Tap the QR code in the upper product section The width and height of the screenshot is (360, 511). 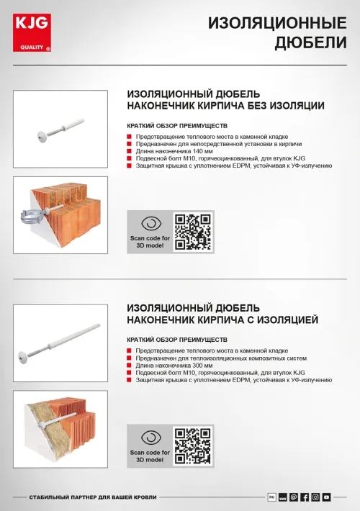194,231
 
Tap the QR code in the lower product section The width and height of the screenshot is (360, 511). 194,446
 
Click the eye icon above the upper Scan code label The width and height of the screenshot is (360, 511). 150,223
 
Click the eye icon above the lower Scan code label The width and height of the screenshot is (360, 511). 150,438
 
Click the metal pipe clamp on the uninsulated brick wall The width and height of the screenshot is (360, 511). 37,212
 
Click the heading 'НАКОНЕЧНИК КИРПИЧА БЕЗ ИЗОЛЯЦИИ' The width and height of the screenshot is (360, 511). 225,106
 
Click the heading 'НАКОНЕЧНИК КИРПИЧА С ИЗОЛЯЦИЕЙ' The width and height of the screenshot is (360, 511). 222,320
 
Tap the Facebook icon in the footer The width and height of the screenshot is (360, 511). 305,497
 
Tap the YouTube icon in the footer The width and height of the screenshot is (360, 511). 326,497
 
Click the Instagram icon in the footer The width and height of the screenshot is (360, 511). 315,497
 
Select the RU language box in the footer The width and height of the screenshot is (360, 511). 272,497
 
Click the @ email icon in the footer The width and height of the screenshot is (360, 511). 294,497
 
